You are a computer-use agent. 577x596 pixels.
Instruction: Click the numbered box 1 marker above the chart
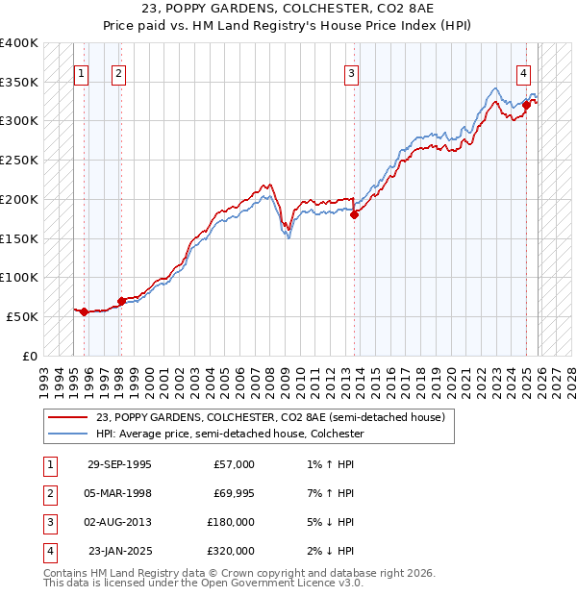click(81, 73)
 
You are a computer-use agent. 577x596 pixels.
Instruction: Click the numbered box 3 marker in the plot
click(352, 73)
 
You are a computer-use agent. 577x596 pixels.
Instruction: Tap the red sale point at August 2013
click(354, 215)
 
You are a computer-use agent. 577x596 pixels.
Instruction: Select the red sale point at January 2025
click(527, 105)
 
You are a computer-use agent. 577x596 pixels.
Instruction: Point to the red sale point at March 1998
click(121, 301)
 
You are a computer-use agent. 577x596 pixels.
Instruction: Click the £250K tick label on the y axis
click(18, 160)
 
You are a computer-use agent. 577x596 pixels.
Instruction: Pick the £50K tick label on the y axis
click(22, 316)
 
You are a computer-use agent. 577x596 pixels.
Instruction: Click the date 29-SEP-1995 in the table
click(119, 464)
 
